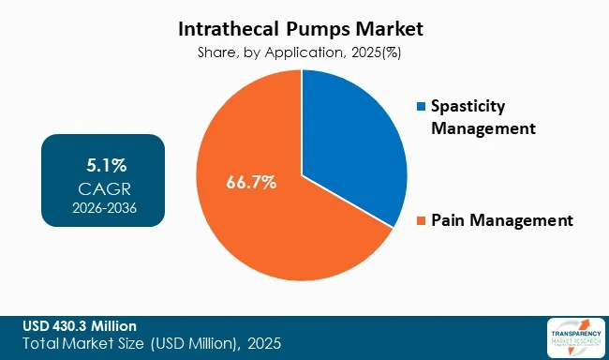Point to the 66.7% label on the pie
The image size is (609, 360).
pyautogui.click(x=251, y=182)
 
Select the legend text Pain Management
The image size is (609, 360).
pyautogui.click(x=501, y=221)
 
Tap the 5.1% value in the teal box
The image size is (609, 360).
pyautogui.click(x=103, y=167)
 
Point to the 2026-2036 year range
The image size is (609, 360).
pyautogui.click(x=103, y=207)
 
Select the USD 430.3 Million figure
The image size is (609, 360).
pyautogui.click(x=79, y=325)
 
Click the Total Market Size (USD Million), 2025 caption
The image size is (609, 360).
pyautogui.click(x=147, y=344)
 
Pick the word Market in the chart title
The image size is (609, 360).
pyautogui.click(x=386, y=30)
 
